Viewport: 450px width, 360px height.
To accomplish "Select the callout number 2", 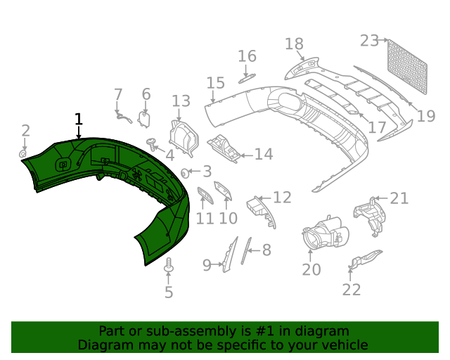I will click(x=25, y=130).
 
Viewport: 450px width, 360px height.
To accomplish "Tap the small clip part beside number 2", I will click(x=22, y=153).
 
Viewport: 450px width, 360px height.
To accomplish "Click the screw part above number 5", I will click(x=168, y=267).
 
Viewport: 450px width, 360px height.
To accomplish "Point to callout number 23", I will click(x=369, y=41).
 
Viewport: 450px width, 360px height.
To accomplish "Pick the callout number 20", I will click(x=311, y=269).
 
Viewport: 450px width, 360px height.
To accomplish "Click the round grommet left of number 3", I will click(x=186, y=172).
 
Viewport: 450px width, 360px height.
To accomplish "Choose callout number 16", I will click(x=247, y=56).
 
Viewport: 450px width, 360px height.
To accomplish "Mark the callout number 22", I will click(x=352, y=289).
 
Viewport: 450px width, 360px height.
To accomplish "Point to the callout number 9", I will click(x=207, y=265).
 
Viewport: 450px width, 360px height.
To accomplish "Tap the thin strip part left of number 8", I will click(x=245, y=250).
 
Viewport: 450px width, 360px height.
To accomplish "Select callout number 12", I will click(x=281, y=198).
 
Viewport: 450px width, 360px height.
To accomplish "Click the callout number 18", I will click(x=295, y=44).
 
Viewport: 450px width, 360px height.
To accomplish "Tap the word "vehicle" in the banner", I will click(x=343, y=345).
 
